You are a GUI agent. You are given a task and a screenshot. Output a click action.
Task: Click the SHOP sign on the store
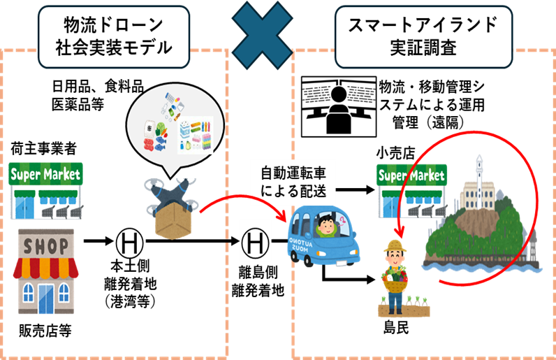pyautogui.click(x=47, y=246)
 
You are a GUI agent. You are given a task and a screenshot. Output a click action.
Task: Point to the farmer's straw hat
pyautogui.click(x=396, y=247)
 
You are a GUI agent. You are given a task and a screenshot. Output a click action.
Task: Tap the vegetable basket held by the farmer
pyautogui.click(x=396, y=281)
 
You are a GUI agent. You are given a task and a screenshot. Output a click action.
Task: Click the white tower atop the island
pyautogui.click(x=479, y=172)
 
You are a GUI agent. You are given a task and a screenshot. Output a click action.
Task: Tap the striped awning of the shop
pyautogui.click(x=46, y=267)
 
